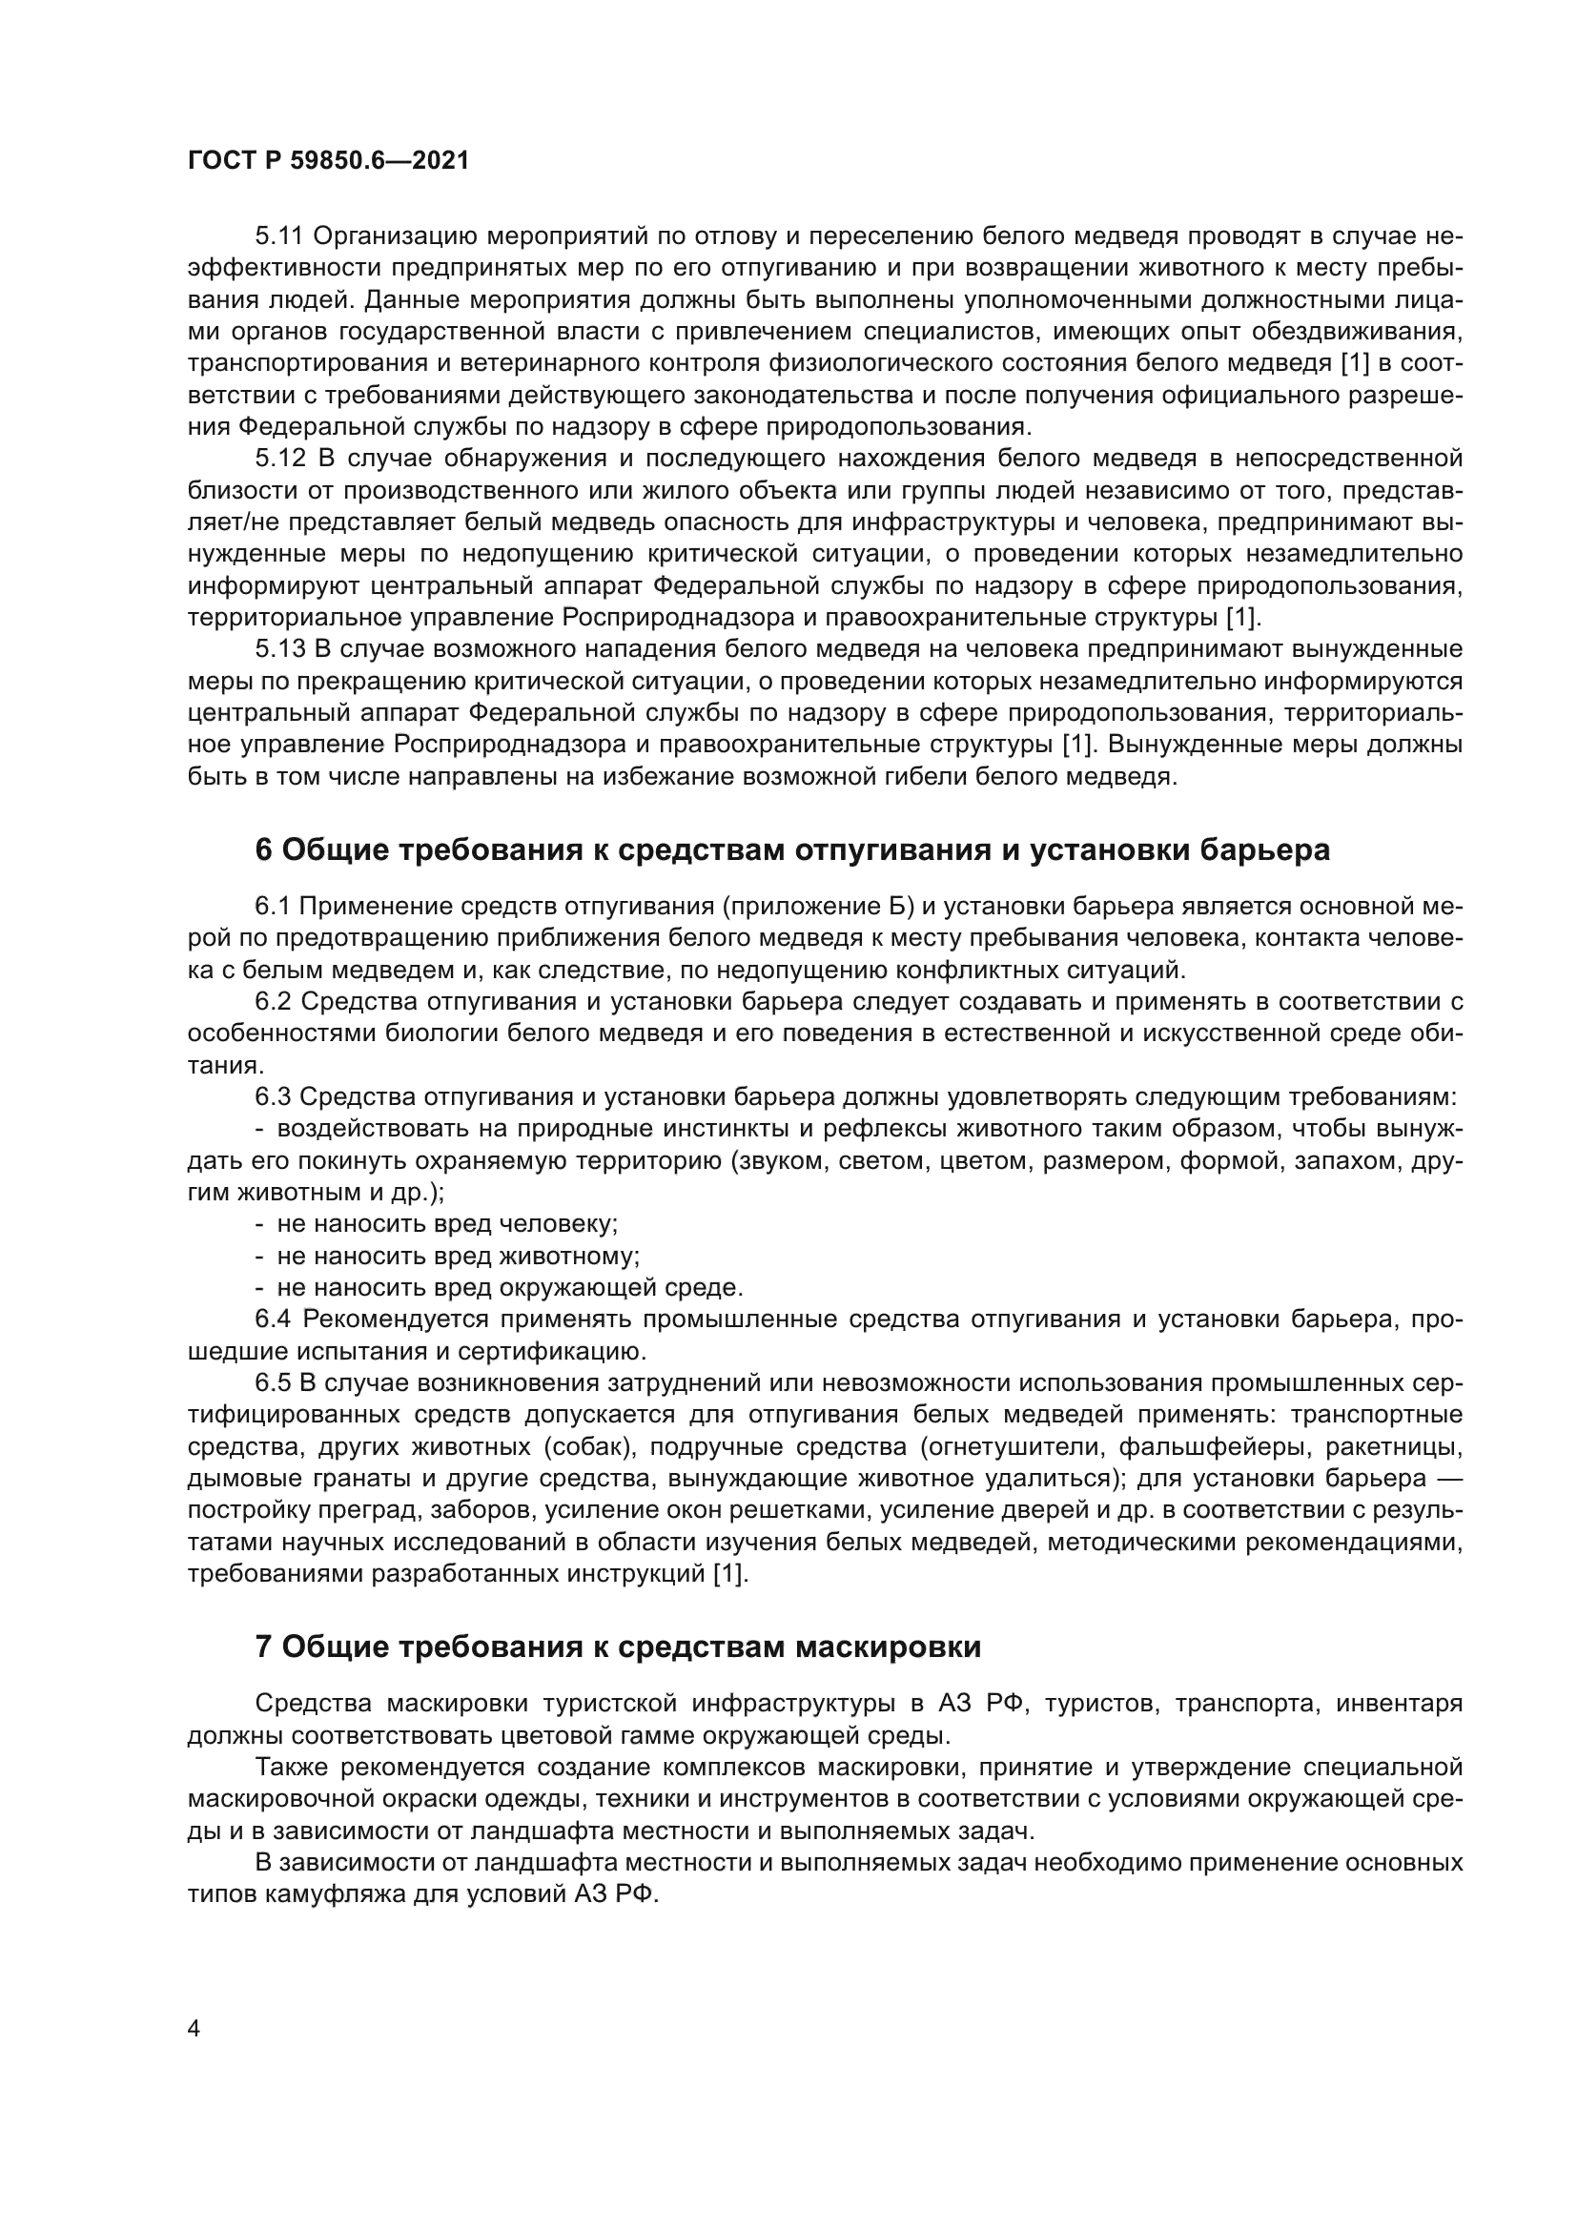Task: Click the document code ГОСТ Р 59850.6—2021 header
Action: point(328,161)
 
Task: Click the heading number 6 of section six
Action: point(263,849)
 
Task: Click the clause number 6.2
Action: point(275,1001)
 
